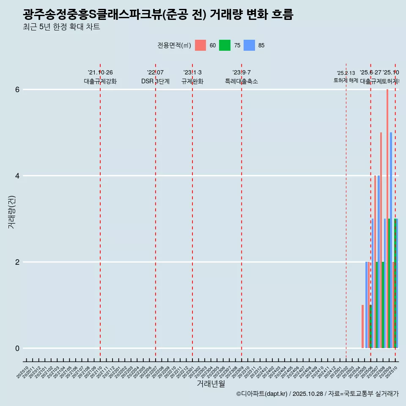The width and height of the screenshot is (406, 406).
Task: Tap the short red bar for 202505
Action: click(x=362, y=326)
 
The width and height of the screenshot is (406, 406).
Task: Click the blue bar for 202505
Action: click(x=366, y=304)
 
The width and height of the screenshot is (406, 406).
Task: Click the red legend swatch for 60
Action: click(x=200, y=45)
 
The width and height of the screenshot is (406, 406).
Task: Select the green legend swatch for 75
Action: click(x=225, y=45)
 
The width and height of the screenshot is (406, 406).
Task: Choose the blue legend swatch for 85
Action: click(x=249, y=45)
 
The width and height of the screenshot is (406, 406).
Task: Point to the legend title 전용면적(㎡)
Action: click(x=174, y=45)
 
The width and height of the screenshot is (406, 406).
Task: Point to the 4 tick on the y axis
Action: click(x=17, y=176)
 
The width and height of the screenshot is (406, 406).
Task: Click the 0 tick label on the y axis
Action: click(x=17, y=348)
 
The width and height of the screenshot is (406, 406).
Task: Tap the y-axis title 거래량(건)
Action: click(x=11, y=212)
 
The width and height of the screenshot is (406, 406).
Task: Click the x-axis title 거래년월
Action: click(x=211, y=384)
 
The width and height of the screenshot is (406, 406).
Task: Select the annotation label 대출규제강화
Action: click(x=100, y=81)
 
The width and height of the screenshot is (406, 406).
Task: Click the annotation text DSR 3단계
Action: click(x=155, y=81)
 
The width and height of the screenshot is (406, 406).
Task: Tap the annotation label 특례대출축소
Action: click(x=241, y=81)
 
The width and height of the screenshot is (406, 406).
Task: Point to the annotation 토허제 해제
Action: click(x=346, y=80)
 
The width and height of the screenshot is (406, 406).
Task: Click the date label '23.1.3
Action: click(x=192, y=73)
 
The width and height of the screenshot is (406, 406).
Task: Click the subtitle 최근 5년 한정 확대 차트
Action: click(x=61, y=27)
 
